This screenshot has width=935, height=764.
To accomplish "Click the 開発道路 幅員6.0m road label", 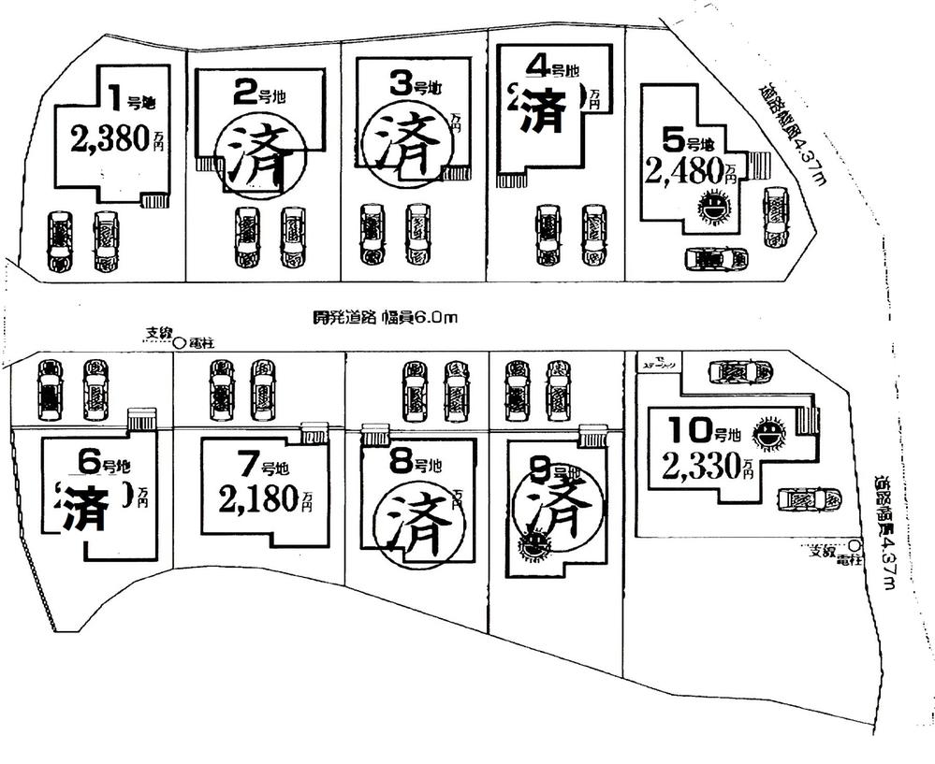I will [385, 318].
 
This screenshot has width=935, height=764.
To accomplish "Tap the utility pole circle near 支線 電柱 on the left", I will [178, 343].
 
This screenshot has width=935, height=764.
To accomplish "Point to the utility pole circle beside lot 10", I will [854, 546].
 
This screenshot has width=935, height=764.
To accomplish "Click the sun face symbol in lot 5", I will [714, 205].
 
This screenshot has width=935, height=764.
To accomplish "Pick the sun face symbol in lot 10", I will [768, 434].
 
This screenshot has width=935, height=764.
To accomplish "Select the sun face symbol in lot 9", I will [534, 545].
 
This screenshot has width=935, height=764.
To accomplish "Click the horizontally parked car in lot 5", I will [716, 258].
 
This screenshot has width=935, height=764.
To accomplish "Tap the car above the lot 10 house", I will [739, 371].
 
